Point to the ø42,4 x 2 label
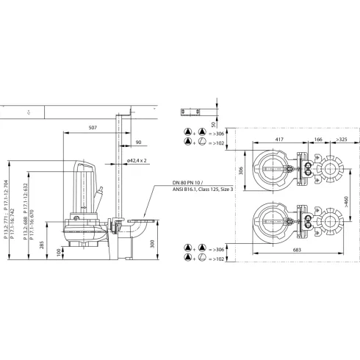tap(137, 159)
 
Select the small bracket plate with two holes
tap(193, 112)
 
